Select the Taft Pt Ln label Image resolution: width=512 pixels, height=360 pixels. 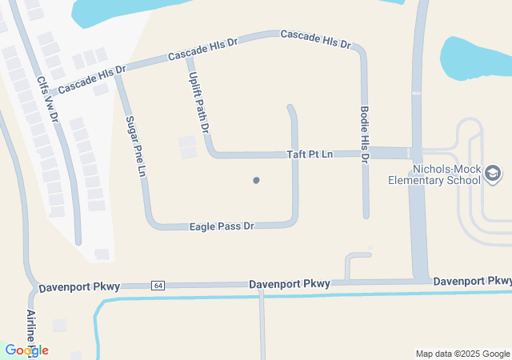click(x=310, y=154)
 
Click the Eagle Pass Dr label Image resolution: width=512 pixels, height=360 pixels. click(x=222, y=226)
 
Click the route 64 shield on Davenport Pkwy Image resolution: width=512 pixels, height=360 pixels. click(x=158, y=286)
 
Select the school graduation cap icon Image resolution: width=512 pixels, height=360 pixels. click(x=493, y=173)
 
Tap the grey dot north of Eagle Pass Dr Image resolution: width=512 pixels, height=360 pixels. click(x=256, y=180)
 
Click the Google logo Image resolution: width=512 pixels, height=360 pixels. click(x=26, y=350)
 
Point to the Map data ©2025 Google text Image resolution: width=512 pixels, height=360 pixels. click(x=462, y=354)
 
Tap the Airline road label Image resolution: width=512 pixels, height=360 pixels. click(x=31, y=328)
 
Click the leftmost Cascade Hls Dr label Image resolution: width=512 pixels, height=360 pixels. click(x=92, y=78)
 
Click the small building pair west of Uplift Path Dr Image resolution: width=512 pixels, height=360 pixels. click(x=187, y=146)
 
